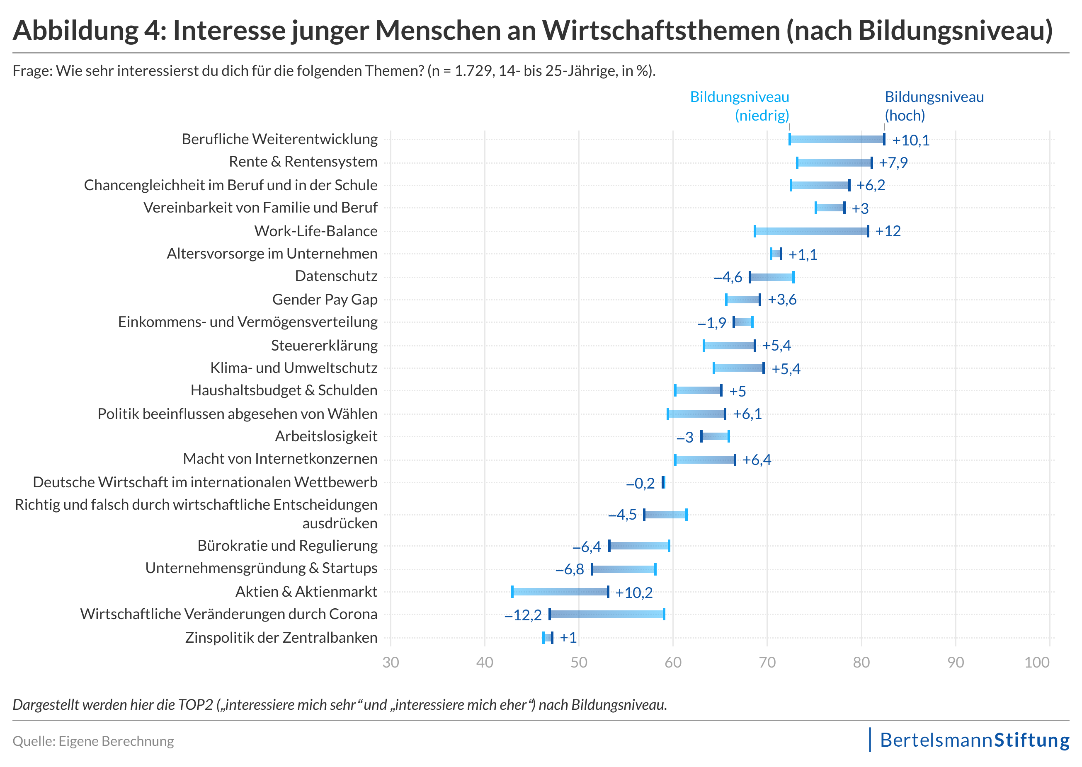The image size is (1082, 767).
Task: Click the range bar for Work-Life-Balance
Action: point(811,231)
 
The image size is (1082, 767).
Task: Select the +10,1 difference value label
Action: point(910,140)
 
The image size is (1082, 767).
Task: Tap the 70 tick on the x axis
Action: point(767,662)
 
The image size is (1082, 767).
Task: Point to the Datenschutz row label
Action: point(336,276)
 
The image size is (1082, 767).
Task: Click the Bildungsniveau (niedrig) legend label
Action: point(740,106)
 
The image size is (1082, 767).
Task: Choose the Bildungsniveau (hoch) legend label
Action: point(934,106)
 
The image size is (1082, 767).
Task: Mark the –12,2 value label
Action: point(523,615)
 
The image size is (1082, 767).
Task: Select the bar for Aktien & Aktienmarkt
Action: point(560,591)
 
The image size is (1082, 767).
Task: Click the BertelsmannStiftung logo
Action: point(974,740)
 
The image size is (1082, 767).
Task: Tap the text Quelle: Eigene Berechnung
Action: point(93,741)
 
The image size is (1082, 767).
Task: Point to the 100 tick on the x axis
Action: point(1037,662)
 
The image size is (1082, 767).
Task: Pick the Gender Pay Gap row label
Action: point(325,300)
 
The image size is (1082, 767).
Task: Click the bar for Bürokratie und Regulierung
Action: point(639,546)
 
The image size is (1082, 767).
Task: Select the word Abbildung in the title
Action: point(75,30)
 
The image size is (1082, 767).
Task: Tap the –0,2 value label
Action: point(640,483)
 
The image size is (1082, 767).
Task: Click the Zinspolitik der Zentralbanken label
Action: point(281,638)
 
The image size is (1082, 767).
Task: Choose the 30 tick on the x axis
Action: point(391,662)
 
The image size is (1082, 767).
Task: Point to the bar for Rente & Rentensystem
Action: point(834,162)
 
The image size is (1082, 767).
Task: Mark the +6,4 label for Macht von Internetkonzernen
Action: point(757,460)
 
